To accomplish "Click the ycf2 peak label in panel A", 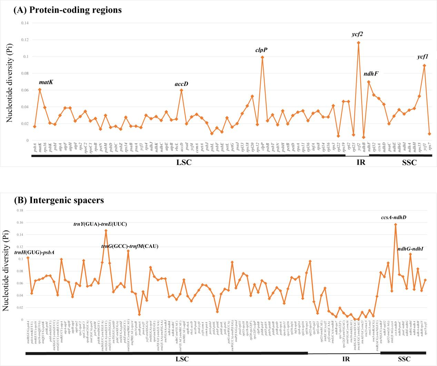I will point(357,34).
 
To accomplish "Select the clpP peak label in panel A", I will point(261,50).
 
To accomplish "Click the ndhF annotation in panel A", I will point(371,74).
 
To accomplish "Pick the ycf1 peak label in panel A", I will point(422,57).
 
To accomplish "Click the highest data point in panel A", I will point(358,43).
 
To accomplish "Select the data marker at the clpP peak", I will point(262,57).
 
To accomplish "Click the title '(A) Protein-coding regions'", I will point(68,10).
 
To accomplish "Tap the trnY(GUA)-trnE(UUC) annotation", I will point(100,224).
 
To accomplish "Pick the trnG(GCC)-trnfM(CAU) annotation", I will point(129,247).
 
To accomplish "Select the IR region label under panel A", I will point(361,162).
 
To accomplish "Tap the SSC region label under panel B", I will point(404,359).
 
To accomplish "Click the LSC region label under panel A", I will point(184,162).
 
